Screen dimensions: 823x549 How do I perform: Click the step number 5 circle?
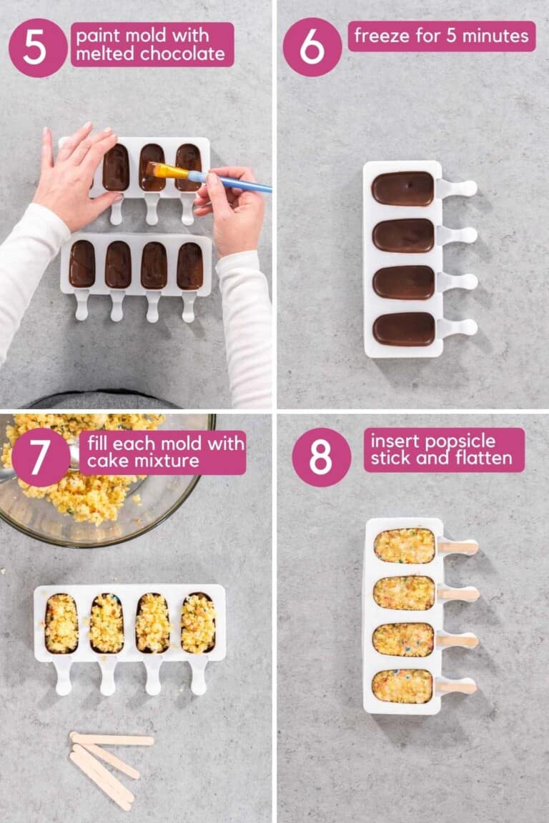click(x=37, y=47)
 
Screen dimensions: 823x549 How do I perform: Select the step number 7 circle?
click(x=41, y=457)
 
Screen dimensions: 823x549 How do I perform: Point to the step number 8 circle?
click(x=321, y=457)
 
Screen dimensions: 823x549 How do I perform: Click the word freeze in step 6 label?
click(x=380, y=36)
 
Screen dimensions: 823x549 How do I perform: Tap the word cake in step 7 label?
click(x=104, y=461)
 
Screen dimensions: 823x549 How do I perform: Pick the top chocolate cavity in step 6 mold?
click(x=403, y=189)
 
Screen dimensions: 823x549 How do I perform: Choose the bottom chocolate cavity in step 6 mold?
click(x=403, y=329)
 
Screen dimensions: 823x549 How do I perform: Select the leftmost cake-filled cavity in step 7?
click(x=61, y=623)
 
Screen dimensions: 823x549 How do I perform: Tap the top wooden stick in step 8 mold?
click(x=457, y=547)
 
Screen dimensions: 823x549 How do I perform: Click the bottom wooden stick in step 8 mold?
click(x=457, y=687)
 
